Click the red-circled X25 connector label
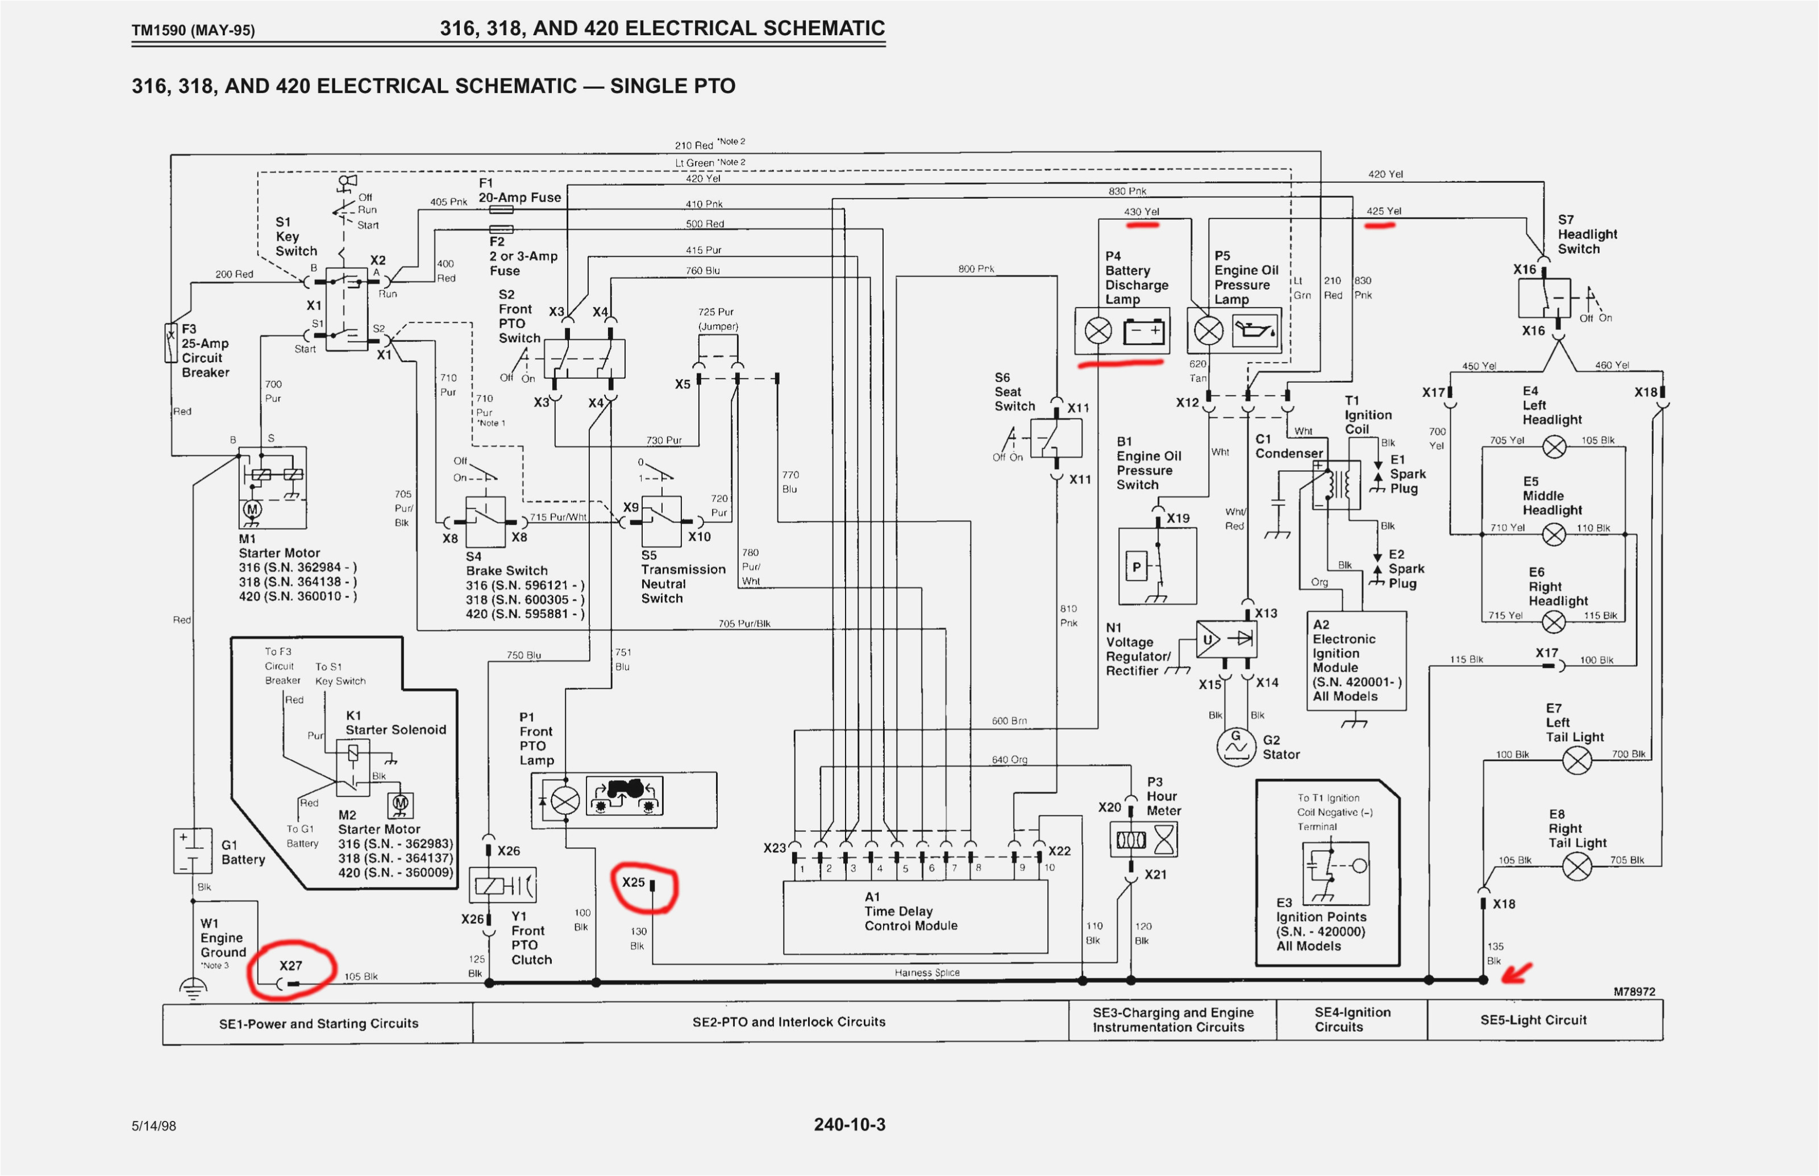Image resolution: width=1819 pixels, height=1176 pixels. point(634,882)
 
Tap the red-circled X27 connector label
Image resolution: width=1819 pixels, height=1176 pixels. point(290,965)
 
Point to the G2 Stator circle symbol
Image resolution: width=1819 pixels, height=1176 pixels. point(1235,746)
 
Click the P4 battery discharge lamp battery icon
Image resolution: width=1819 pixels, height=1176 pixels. point(1144,332)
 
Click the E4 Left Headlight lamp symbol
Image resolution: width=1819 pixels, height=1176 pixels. point(1554,447)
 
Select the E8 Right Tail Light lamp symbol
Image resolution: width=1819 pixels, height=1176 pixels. point(1577,866)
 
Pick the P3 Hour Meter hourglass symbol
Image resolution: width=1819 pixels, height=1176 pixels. point(1165,840)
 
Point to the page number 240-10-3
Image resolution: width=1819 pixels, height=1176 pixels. point(849,1124)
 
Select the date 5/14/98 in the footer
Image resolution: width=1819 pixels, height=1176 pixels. point(153,1125)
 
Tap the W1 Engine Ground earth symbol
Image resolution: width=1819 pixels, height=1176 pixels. point(193,990)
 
